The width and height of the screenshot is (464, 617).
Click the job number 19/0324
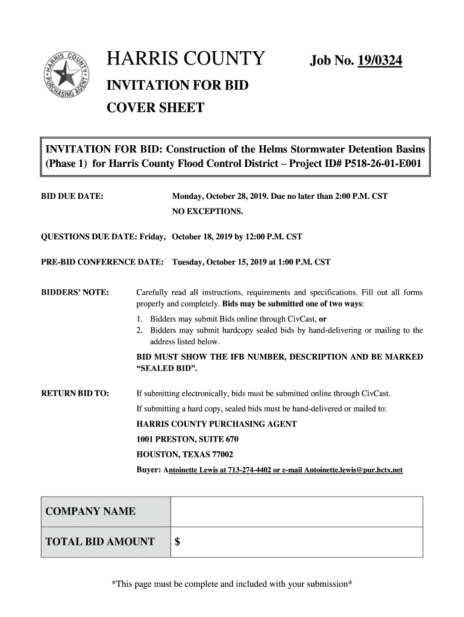click(380, 61)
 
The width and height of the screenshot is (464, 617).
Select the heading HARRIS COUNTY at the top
click(186, 60)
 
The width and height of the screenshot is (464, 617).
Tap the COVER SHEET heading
click(155, 108)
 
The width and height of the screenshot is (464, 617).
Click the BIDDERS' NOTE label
click(74, 293)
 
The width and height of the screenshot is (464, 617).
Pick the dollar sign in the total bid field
click(178, 542)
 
